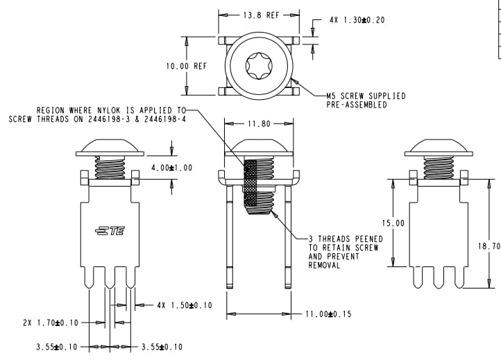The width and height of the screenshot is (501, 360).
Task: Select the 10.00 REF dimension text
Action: [186, 67]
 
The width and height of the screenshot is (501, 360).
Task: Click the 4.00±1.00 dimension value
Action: [171, 168]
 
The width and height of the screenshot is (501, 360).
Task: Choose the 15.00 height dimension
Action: [393, 223]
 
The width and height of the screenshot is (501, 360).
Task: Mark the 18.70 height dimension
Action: [490, 246]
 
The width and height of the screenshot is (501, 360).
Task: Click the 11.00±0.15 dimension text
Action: [328, 314]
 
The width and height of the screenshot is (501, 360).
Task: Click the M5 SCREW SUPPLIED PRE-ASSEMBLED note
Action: [366, 101]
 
